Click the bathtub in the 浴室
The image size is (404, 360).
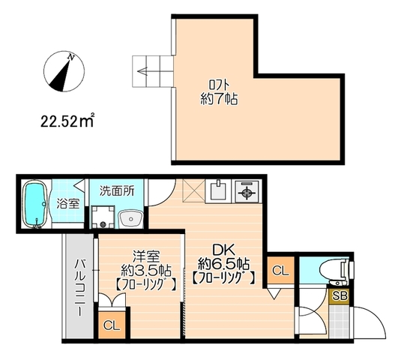34,205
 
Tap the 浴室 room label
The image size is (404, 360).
68,204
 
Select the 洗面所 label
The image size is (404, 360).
117,191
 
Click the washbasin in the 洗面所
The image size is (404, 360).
131,219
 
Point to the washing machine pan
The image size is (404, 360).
103,217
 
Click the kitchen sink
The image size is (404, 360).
219,191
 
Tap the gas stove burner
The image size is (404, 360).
247,191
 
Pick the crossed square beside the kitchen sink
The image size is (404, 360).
193,190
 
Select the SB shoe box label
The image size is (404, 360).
340,296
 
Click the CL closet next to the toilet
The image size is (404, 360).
280,270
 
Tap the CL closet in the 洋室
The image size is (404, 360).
112,325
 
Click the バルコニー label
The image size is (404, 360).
80,288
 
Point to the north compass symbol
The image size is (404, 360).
64,71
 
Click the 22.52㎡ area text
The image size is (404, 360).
67,121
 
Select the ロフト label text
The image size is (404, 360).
220,85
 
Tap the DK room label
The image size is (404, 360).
223,250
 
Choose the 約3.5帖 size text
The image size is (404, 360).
145,270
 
